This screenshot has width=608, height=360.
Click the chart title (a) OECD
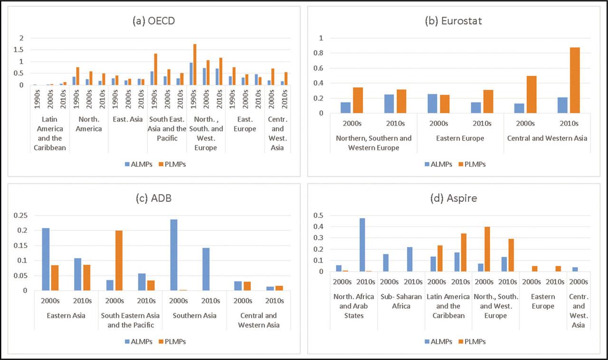coord(153,21)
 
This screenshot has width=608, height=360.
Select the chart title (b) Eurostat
coord(453,21)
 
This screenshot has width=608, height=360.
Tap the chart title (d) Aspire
coord(453,198)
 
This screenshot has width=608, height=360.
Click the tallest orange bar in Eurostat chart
coord(575,80)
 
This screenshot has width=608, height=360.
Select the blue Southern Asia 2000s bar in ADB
coord(174,255)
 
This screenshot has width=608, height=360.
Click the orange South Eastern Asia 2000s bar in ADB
coord(119,260)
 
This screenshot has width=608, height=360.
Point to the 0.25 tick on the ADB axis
coord(20,215)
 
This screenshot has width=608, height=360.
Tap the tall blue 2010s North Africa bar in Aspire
coord(362,245)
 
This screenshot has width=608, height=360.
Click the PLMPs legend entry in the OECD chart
coord(172,164)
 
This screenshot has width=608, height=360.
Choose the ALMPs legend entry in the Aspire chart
coord(438,341)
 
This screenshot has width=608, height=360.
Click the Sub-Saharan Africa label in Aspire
coord(401,302)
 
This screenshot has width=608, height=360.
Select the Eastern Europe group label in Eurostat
coord(460,138)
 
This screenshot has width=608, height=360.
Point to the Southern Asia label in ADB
coord(195,315)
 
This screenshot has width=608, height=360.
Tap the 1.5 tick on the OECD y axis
coord(19,50)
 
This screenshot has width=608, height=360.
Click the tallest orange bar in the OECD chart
coord(195,65)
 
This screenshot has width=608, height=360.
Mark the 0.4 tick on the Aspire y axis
coord(318,227)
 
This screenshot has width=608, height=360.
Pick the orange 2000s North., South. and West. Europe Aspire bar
coord(487,249)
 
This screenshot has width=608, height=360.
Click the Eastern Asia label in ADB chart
coord(66,315)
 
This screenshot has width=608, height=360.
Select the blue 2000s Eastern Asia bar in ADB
coord(46,259)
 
